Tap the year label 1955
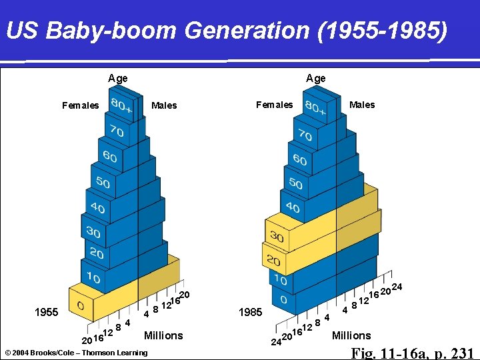click(47, 312)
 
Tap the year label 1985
click(250, 313)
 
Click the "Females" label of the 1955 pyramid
click(80, 105)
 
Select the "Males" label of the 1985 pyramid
click(362, 105)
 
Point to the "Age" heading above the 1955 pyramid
click(118, 79)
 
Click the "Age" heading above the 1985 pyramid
click(316, 79)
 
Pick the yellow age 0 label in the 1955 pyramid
click(80, 307)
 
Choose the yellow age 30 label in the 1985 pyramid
click(277, 237)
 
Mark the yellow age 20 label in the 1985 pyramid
click(273, 260)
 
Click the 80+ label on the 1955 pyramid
click(121, 105)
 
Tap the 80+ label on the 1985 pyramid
click(315, 108)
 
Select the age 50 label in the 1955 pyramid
click(103, 181)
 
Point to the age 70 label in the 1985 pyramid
click(305, 135)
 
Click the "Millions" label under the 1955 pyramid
click(163, 335)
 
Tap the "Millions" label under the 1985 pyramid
click(351, 335)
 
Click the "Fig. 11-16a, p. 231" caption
click(412, 353)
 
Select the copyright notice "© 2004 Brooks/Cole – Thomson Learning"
click(76, 352)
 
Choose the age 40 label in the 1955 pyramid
click(97, 208)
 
